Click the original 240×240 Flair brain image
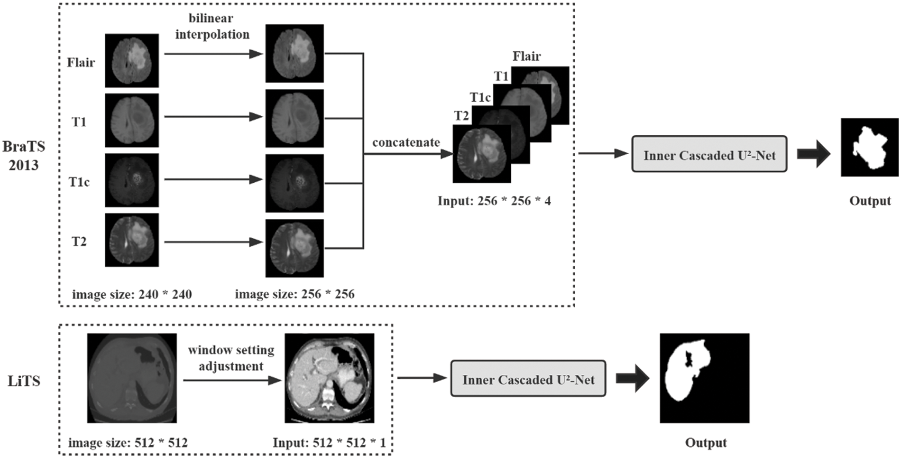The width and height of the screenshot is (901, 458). (x=132, y=60)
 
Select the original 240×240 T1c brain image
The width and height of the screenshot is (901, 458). (x=132, y=180)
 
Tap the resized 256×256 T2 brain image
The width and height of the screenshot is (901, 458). (x=294, y=248)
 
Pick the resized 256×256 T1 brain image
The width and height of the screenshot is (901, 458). (x=294, y=118)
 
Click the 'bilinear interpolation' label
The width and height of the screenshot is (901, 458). (x=212, y=26)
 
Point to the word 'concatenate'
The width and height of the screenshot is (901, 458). (x=406, y=142)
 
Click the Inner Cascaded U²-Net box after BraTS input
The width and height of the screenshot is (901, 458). (x=709, y=154)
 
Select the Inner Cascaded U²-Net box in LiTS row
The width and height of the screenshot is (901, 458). (x=528, y=378)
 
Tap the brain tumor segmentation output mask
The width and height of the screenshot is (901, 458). (x=870, y=147)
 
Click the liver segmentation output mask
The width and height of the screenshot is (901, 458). (x=705, y=378)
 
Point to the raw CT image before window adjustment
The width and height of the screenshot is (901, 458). (x=132, y=378)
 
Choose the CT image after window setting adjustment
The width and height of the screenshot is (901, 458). (x=330, y=378)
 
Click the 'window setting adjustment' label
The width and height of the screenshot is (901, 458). (x=231, y=358)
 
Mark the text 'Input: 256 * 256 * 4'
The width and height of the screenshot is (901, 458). (x=494, y=201)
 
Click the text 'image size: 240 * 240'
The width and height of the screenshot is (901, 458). (x=132, y=294)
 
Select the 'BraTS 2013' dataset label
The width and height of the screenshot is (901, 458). (x=24, y=155)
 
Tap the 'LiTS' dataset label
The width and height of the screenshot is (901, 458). (x=24, y=381)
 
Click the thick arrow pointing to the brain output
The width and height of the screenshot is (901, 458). (x=814, y=154)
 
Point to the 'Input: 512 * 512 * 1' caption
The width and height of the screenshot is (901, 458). (x=329, y=443)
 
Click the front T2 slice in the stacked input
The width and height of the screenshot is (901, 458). (x=482, y=154)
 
